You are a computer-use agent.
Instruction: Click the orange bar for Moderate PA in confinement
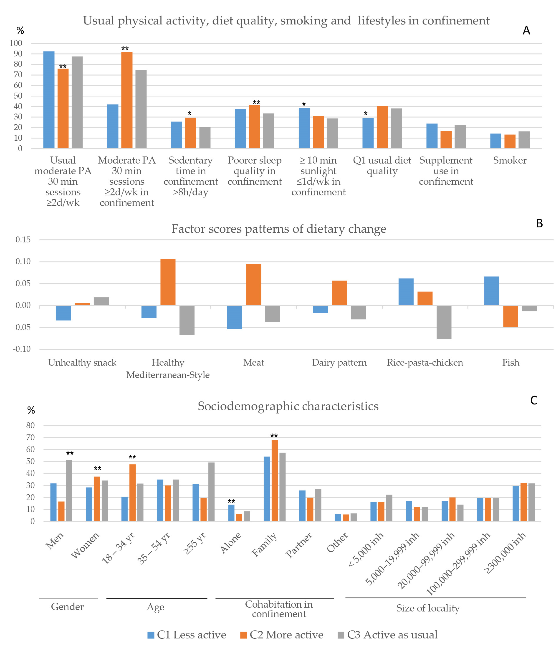coord(127,100)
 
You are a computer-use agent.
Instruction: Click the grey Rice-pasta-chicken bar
coord(444,322)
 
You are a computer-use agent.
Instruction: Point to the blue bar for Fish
coord(492,291)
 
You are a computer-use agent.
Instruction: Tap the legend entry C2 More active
coord(281,635)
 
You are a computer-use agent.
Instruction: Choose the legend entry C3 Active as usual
coord(388,635)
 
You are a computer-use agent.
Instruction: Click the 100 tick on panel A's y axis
coord(16,43)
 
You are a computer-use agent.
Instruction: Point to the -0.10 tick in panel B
coord(22,349)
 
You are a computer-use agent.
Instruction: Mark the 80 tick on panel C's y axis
coord(30,425)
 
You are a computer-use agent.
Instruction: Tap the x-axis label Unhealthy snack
coord(82,363)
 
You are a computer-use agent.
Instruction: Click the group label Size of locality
coord(428,608)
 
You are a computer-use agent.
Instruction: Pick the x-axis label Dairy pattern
coord(339,363)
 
